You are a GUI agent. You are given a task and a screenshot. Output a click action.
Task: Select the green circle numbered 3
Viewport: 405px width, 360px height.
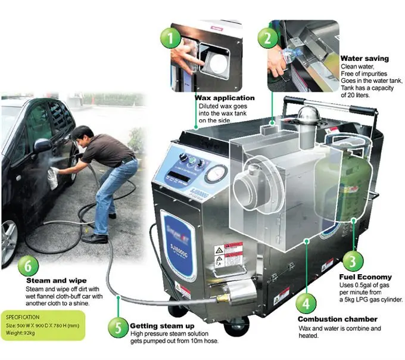[x=353, y=260]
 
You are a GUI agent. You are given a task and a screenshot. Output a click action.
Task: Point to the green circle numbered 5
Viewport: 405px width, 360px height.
[x=117, y=327]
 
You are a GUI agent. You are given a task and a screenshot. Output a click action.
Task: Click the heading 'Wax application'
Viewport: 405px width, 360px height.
[x=225, y=98]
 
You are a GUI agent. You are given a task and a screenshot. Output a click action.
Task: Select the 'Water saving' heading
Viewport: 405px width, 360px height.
[x=364, y=58]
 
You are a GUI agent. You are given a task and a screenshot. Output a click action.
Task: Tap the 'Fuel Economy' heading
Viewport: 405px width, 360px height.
[x=365, y=277]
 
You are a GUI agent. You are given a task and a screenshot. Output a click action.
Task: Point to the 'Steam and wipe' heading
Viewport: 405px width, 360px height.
[x=56, y=280]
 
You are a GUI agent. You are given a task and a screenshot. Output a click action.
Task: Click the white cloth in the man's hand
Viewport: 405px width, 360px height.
[x=54, y=178]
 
